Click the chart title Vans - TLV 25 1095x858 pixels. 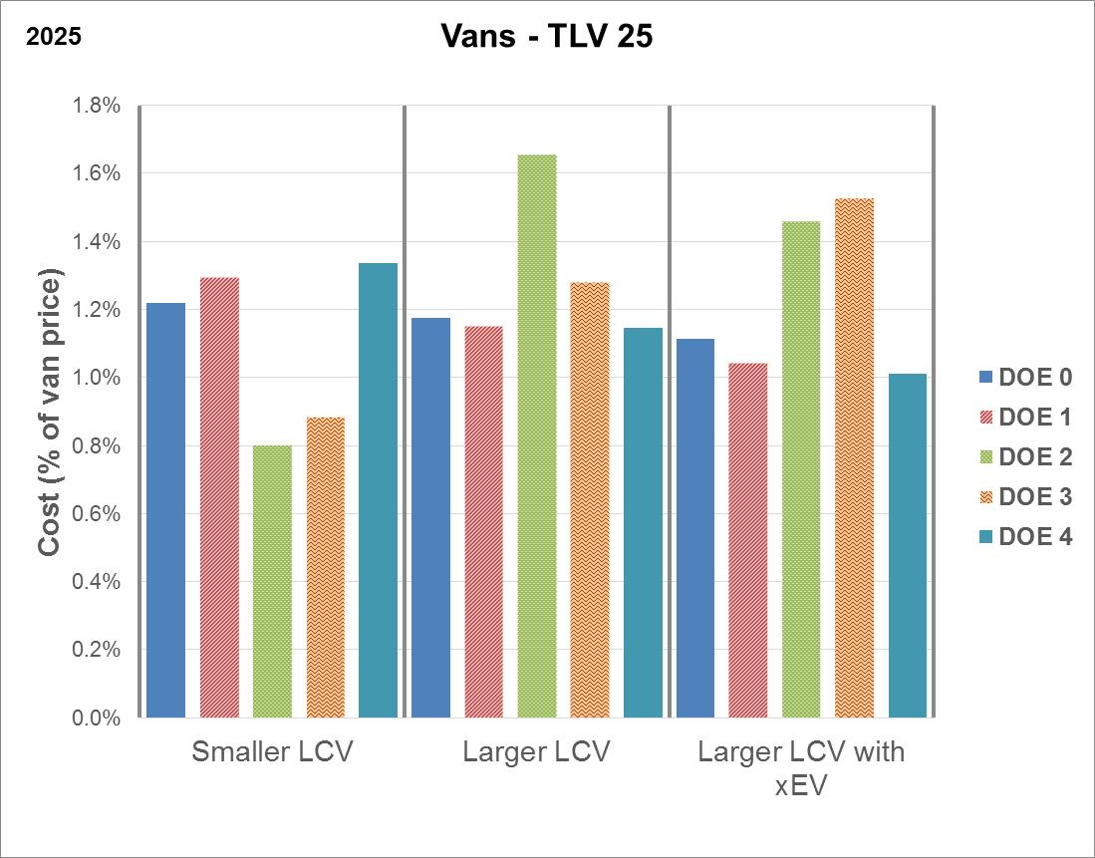(x=546, y=36)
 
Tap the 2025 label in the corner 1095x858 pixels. (x=53, y=37)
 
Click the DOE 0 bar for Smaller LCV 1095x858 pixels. (x=166, y=509)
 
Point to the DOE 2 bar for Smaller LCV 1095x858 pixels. (x=272, y=581)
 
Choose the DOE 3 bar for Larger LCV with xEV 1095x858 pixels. (x=855, y=457)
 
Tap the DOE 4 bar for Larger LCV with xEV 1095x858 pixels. (x=908, y=545)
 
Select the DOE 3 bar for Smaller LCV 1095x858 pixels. (x=326, y=567)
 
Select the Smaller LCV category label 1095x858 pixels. (x=272, y=751)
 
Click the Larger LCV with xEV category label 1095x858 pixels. (x=801, y=766)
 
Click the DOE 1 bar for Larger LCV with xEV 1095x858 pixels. (x=748, y=540)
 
